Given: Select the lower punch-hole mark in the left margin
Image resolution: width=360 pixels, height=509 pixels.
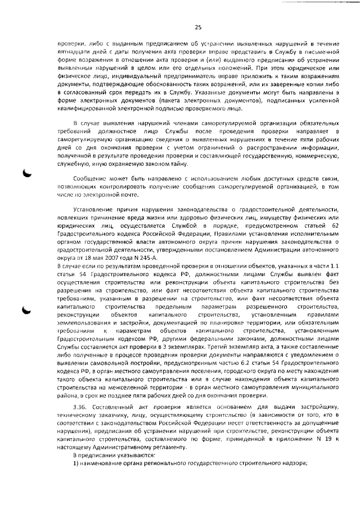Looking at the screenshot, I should point(26,309).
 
